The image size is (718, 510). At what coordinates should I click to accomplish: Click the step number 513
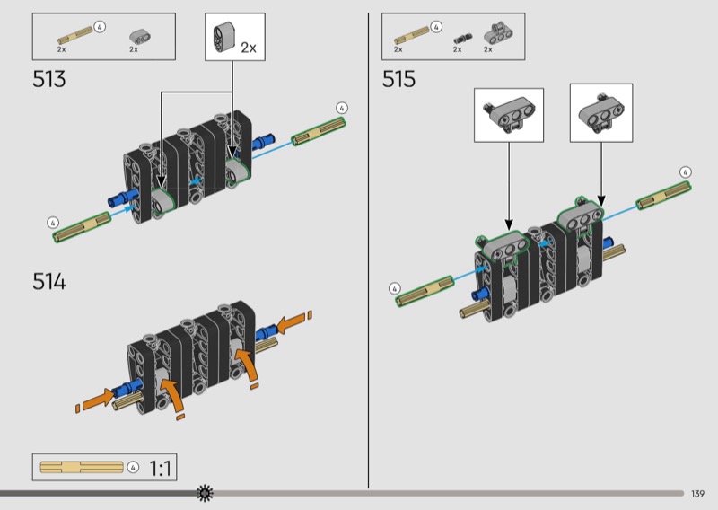coord(49,79)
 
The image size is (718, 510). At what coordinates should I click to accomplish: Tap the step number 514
coord(49,281)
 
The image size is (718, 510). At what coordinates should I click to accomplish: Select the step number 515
coord(398,79)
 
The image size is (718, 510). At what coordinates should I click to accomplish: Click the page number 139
coord(697,494)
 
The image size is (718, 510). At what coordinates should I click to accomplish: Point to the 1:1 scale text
coord(161,469)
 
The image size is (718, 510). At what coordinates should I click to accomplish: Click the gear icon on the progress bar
coord(205,493)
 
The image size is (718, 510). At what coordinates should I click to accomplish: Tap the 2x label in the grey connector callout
coord(249,48)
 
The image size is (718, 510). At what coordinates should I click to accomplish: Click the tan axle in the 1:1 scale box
coord(82,467)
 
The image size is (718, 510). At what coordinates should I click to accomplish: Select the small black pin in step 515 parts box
coord(462,38)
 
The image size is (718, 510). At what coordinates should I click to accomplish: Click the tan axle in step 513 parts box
coord(74,36)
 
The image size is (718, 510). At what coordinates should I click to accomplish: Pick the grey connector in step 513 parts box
coord(140,36)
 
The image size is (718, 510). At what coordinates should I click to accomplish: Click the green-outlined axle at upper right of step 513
coord(319,131)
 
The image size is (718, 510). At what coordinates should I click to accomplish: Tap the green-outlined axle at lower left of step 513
coord(82,227)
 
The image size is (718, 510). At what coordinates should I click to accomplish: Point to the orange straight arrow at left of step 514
coord(99,398)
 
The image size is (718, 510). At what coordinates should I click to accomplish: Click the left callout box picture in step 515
coord(508,115)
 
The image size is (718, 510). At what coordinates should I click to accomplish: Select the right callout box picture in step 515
coord(600,113)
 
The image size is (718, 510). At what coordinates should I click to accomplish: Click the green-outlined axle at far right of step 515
coord(664,195)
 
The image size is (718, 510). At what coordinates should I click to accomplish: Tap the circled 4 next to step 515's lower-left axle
coord(394,289)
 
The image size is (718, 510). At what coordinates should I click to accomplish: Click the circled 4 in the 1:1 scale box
coord(133,468)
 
